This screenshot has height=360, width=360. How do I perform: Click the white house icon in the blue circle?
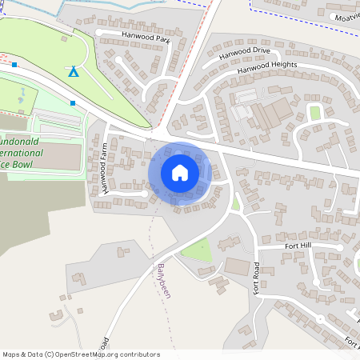tap(180, 173)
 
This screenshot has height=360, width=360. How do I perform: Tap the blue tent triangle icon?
tap(74, 71)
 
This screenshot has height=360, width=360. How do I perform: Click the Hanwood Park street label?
tap(147, 38)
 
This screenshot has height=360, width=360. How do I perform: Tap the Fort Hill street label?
tap(300, 246)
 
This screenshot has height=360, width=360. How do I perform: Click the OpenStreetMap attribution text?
tap(81, 354)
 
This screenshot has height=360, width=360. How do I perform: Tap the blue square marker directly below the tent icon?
tap(74, 102)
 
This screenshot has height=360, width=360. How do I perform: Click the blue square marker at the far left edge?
tap(14, 65)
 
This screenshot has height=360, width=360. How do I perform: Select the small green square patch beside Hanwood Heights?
tap(314, 112)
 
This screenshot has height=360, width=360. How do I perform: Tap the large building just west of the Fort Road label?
tap(237, 266)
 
